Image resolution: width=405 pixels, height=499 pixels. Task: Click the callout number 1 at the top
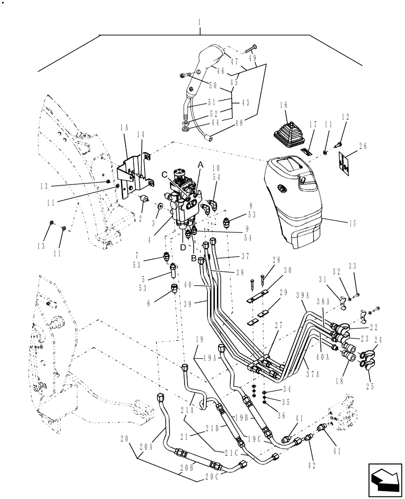tap(200, 23)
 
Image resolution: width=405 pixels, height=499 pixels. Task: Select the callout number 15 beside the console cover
tap(353, 224)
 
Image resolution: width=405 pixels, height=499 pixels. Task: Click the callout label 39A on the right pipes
tap(303, 295)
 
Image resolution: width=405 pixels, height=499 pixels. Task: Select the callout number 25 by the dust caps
tap(370, 386)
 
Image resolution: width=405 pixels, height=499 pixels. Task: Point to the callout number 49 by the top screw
tap(253, 58)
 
